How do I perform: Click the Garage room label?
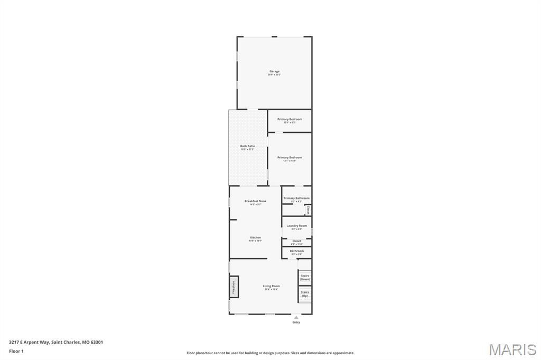pyautogui.click(x=274, y=71)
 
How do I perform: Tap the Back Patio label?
pyautogui.click(x=247, y=146)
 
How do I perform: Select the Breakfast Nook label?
pyautogui.click(x=255, y=201)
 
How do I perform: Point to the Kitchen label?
pyautogui.click(x=255, y=238)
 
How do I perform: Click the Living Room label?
pyautogui.click(x=272, y=286)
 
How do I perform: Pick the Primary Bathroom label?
pyautogui.click(x=296, y=198)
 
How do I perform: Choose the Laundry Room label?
pyautogui.click(x=296, y=226)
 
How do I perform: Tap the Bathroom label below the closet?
pyautogui.click(x=296, y=251)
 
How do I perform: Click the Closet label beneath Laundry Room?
pyautogui.click(x=296, y=241)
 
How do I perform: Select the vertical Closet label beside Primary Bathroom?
pyautogui.click(x=308, y=210)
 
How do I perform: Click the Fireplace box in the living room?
pyautogui.click(x=234, y=287)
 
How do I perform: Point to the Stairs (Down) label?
pyautogui.click(x=305, y=277)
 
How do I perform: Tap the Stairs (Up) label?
pyautogui.click(x=305, y=293)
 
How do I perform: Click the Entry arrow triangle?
pyautogui.click(x=296, y=317)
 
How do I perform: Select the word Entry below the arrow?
pyautogui.click(x=296, y=322)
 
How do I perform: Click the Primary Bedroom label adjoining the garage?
pyautogui.click(x=290, y=119)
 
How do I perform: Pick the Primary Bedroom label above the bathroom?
pyautogui.click(x=290, y=157)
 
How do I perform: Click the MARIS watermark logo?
pyautogui.click(x=512, y=349)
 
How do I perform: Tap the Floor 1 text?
pyautogui.click(x=16, y=351)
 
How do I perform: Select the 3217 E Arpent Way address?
pyautogui.click(x=56, y=342)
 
